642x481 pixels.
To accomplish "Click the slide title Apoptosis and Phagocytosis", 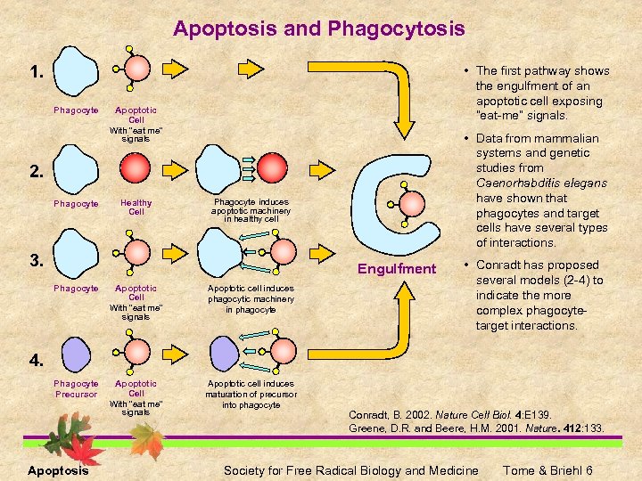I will pyautogui.click(x=319, y=29).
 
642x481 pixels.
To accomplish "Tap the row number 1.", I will pyautogui.click(x=37, y=72).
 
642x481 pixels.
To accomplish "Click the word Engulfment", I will pyautogui.click(x=397, y=268).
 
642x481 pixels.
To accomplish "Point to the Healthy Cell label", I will pyautogui.click(x=136, y=207).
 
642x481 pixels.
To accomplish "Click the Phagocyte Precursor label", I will pyautogui.click(x=76, y=388).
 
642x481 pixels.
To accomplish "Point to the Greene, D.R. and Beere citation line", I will pyautogui.click(x=476, y=428).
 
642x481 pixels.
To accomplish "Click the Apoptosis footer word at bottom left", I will pyautogui.click(x=58, y=470).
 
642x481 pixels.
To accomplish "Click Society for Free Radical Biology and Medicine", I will pyautogui.click(x=350, y=470).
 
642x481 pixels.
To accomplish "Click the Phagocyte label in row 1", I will pyautogui.click(x=76, y=110).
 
